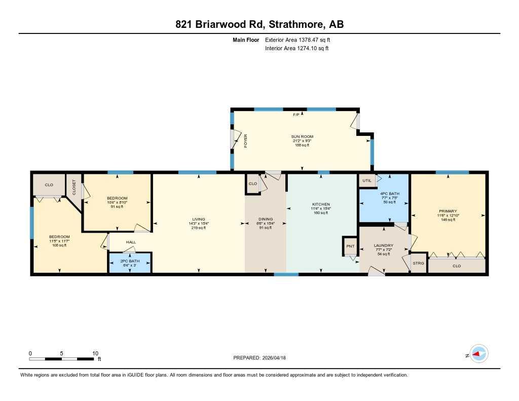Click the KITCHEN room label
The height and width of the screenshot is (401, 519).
[x=320, y=204]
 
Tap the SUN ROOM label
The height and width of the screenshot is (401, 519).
[x=302, y=136]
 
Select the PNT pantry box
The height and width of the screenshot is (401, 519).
[x=350, y=246]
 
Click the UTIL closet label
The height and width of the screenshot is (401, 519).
[x=366, y=180]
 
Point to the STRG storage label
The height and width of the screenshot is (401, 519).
[x=418, y=264]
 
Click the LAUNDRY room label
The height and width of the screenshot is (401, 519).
[x=384, y=245]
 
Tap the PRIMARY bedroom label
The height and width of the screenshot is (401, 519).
[x=448, y=211]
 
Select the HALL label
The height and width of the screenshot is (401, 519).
[x=131, y=242]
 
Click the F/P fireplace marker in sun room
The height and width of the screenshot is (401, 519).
[x=296, y=115]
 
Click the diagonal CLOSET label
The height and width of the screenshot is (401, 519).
[x=74, y=187]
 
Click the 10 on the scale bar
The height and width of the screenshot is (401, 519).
[x=95, y=353]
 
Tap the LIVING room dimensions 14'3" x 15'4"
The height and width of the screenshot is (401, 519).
[x=198, y=224]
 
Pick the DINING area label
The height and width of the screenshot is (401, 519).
[x=265, y=220]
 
